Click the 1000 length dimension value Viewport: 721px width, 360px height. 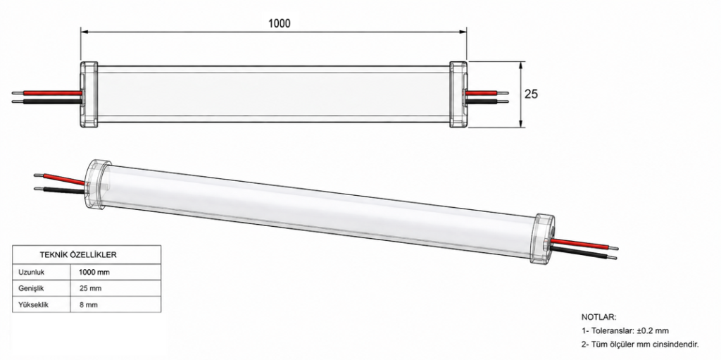(x=279, y=23)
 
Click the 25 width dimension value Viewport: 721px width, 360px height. (x=531, y=94)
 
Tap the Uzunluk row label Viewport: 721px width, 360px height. (x=31, y=272)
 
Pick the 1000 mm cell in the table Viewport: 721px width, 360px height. (x=94, y=272)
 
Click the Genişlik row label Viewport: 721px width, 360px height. (x=30, y=289)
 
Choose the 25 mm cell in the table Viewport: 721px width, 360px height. (x=90, y=289)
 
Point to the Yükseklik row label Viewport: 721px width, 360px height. (x=33, y=305)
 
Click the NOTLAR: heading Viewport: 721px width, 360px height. (x=598, y=317)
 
